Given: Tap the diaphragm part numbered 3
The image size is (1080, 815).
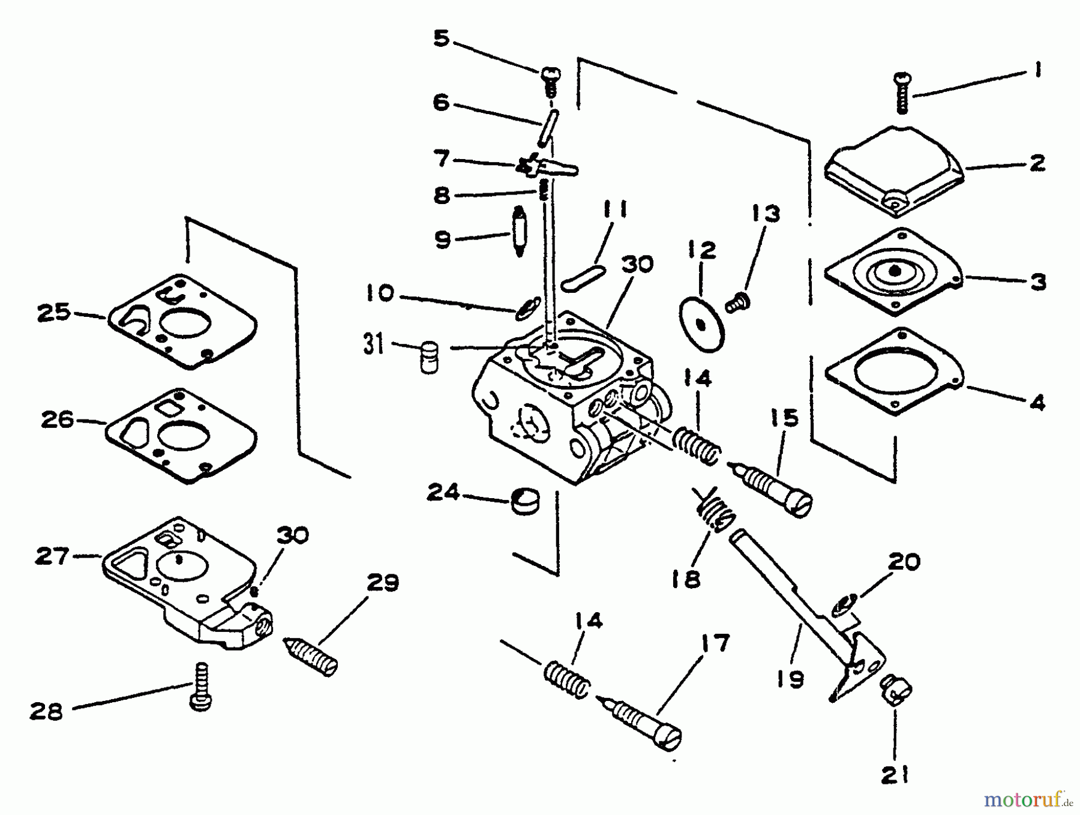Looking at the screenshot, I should pyautogui.click(x=893, y=271).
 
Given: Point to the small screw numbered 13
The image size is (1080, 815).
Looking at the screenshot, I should pyautogui.click(x=735, y=302).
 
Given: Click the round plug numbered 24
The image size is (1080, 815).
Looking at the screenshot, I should pyautogui.click(x=526, y=502).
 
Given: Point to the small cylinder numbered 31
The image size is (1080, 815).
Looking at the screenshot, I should pyautogui.click(x=428, y=357).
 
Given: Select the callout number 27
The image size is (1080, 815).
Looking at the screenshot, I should pyautogui.click(x=53, y=556).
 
